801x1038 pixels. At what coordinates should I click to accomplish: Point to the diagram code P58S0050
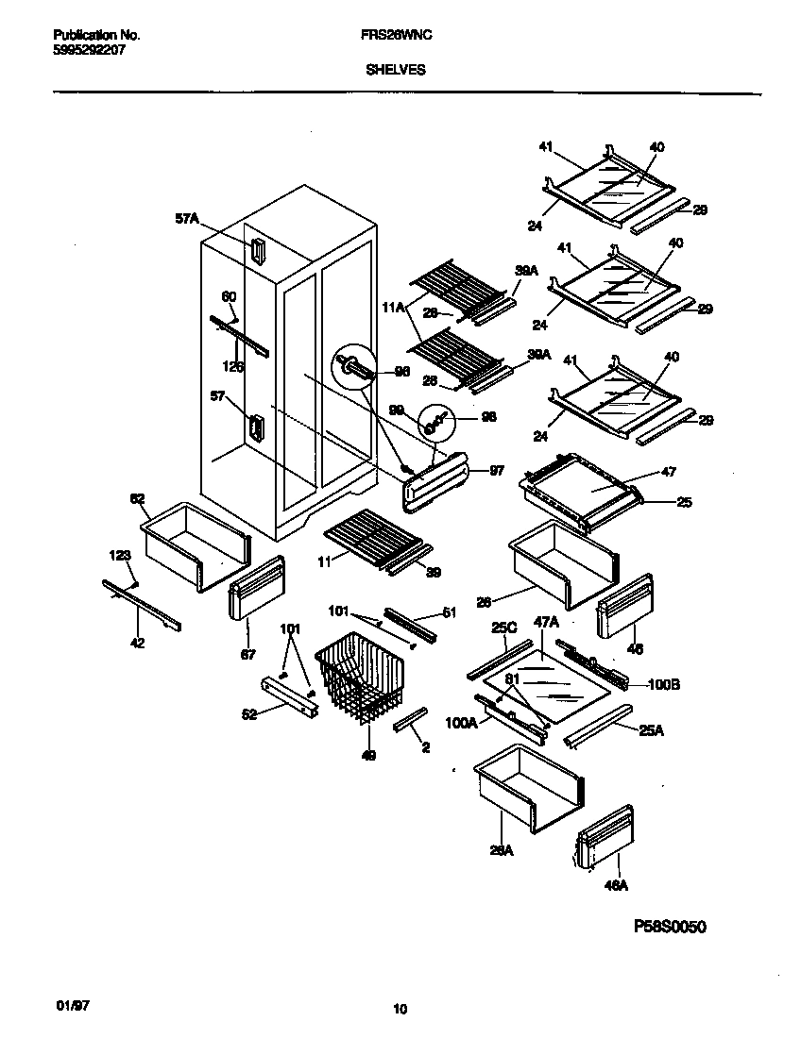670,927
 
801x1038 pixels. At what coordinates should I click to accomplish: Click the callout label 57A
187,219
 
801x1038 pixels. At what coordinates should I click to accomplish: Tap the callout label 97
496,470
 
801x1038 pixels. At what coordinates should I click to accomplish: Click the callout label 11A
393,307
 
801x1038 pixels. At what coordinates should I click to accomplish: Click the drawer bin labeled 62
194,547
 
